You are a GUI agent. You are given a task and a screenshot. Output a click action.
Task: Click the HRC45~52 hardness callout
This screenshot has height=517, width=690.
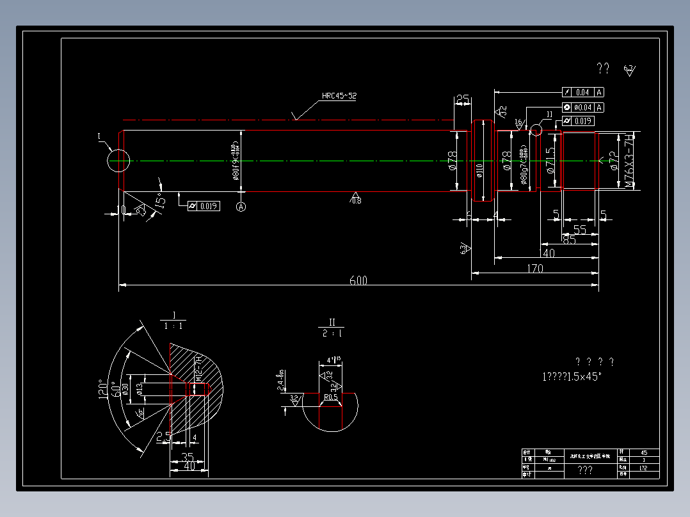pyautogui.click(x=339, y=96)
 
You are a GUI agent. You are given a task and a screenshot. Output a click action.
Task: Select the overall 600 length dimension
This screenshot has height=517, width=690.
pyautogui.click(x=358, y=281)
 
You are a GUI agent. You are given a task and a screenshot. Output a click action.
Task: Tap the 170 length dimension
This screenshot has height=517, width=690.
pyautogui.click(x=535, y=269)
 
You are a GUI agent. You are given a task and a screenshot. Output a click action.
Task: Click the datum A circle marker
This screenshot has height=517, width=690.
pyautogui.click(x=241, y=207)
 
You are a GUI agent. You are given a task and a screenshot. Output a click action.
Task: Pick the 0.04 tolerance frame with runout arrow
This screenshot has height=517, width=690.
pyautogui.click(x=582, y=92)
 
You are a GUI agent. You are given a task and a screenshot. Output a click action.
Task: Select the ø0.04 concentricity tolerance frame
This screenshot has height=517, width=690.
pyautogui.click(x=582, y=107)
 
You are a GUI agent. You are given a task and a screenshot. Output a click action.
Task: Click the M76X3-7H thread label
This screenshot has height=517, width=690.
pyautogui.click(x=630, y=161)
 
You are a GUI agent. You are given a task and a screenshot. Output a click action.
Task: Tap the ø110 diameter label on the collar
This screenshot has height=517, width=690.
pyautogui.click(x=479, y=170)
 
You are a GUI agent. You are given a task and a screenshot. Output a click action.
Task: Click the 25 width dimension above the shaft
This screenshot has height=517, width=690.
pyautogui.click(x=462, y=99)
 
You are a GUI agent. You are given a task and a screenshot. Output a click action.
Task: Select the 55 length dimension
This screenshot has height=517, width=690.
pyautogui.click(x=580, y=229)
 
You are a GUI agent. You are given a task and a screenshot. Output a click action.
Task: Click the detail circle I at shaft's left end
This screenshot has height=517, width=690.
pyautogui.click(x=118, y=160)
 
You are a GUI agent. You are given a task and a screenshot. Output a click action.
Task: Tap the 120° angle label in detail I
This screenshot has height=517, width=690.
pyautogui.click(x=102, y=388)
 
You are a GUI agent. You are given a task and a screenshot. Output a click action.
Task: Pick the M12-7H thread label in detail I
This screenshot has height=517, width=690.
pyautogui.click(x=198, y=370)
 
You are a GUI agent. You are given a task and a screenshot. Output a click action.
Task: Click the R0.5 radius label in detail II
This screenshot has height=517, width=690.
pyautogui.click(x=331, y=397)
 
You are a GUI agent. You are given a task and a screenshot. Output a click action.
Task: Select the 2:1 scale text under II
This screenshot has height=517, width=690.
pyautogui.click(x=332, y=333)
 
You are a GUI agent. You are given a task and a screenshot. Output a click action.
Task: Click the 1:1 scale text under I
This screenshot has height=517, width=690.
pyautogui.click(x=173, y=326)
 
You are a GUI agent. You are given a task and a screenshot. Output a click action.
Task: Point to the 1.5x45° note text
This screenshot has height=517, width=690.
pyautogui.click(x=572, y=376)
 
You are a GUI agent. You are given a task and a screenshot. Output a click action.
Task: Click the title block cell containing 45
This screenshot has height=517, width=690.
pyautogui.click(x=643, y=452)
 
